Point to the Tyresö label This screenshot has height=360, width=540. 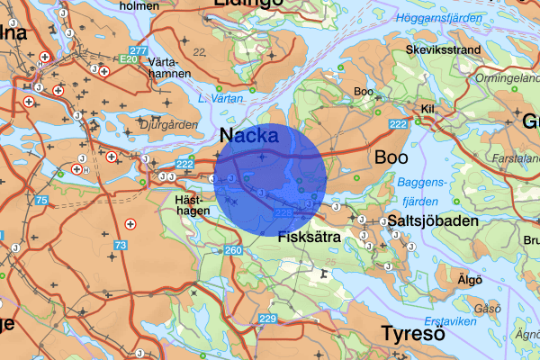click(412, 333)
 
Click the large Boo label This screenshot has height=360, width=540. click(391, 157)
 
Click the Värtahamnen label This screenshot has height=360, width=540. click(169, 67)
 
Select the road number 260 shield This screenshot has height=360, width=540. click(233, 250)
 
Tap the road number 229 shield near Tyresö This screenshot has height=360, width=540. click(267, 319)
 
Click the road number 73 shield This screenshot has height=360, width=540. click(121, 245)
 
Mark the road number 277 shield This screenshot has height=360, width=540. click(138, 50)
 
